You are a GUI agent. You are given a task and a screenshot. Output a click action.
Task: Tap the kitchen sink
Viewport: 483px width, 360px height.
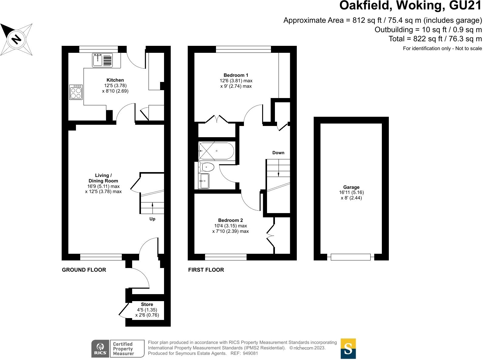pos(98,60)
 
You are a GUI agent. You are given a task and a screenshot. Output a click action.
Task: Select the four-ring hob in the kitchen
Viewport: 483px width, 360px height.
pos(76,92)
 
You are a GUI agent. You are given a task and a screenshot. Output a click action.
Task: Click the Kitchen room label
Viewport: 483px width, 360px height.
pos(115,80)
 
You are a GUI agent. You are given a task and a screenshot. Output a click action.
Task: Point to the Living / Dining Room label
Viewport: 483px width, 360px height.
pos(103,178)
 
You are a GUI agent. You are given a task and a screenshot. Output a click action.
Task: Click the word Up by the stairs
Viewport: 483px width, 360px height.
pos(152,219)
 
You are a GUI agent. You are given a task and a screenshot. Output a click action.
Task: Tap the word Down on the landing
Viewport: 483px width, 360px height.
pos(278,153)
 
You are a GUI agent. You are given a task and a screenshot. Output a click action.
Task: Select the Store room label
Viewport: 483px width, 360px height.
pos(147,304)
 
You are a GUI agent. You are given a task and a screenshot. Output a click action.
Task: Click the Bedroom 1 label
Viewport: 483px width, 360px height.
pos(236,75)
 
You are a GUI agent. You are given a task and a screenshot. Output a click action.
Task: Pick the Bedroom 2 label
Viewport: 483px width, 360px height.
pos(231,220)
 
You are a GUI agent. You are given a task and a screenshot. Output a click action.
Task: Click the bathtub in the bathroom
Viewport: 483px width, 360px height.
pos(216,151)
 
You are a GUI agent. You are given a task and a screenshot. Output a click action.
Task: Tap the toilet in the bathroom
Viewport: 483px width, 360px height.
pos(207,167)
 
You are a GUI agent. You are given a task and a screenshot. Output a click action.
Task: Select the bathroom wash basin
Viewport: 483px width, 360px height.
pos(204,181)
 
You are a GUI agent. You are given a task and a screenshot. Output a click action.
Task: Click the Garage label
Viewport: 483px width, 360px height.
pos(351,187)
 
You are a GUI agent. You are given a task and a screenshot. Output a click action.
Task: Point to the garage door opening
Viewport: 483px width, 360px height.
pos(351,257)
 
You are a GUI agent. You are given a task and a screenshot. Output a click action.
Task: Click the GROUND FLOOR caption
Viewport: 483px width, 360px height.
pos(84,270)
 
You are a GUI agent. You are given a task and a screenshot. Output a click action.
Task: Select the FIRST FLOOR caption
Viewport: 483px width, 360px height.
pos(206,270)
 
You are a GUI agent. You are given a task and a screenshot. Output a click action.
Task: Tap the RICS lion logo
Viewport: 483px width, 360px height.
pos(100,348)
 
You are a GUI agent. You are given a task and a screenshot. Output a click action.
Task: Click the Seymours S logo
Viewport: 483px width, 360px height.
pos(348,349)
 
